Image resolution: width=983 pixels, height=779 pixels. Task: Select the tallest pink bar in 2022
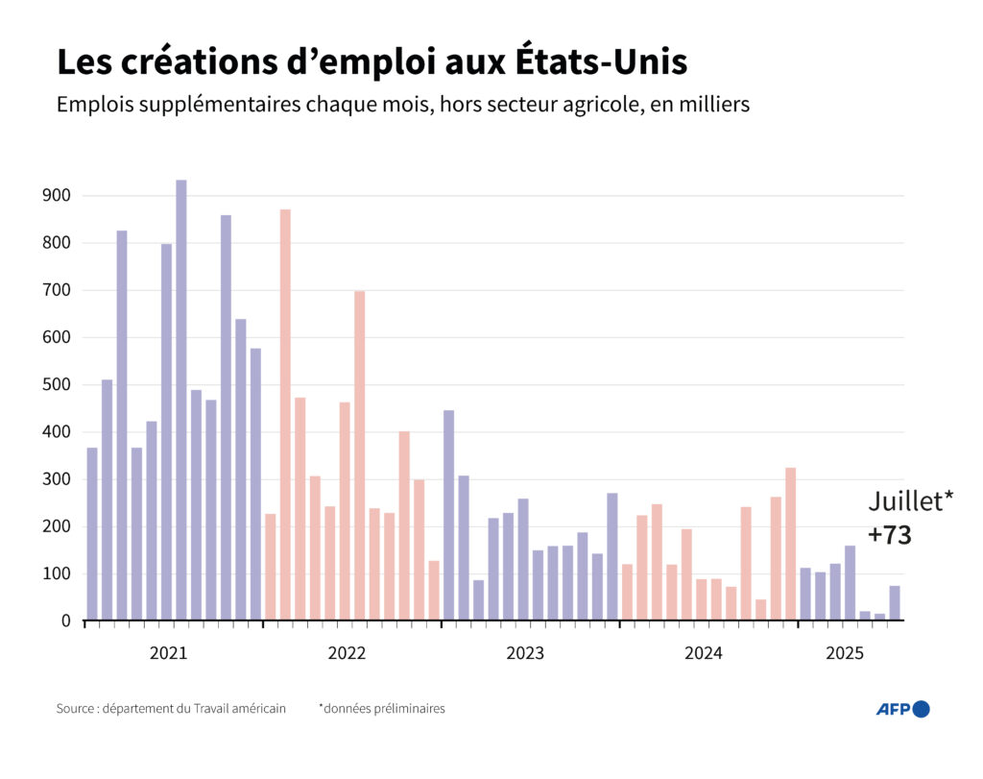point(285,414)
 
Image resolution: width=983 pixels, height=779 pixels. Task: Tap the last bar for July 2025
point(894,602)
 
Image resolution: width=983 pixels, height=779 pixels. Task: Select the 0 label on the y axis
point(66,621)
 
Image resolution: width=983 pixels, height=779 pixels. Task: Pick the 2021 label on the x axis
point(169,654)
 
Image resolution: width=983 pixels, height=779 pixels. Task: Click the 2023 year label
point(525,654)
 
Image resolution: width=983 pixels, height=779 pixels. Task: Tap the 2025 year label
point(845,654)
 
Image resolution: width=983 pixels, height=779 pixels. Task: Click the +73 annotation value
point(889,536)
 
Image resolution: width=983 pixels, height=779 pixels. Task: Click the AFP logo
point(902,709)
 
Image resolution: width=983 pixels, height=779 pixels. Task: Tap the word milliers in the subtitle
point(712,105)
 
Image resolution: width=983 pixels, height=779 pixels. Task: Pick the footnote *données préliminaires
point(382,709)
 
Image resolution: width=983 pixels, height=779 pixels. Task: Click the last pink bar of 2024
point(790,544)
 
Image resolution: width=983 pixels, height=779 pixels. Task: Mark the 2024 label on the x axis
point(704,654)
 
